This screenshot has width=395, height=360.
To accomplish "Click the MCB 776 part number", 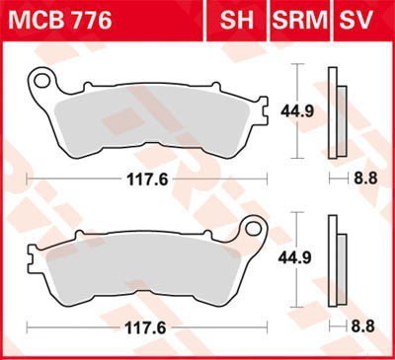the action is coord(60,21).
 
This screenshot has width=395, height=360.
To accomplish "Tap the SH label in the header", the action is coord(237,20).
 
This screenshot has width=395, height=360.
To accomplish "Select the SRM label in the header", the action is coord(300,20).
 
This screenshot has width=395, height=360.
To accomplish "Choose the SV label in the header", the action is coord(356,20).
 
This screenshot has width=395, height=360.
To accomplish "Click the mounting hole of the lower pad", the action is coord(253,228).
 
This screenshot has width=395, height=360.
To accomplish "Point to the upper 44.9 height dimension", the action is coord(297,111).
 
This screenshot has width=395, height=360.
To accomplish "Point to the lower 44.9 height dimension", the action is coord(295,257).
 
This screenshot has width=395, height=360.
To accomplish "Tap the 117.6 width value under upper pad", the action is coord(148,180).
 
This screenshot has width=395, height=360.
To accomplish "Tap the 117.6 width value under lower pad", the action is coord(145,327).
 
